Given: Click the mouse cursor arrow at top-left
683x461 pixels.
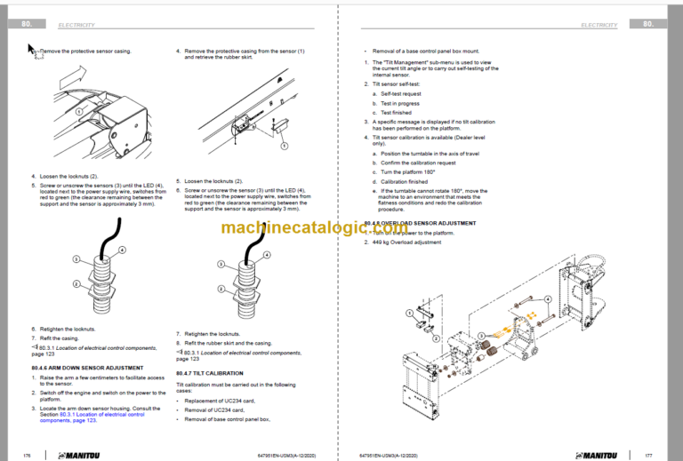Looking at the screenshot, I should click(x=32, y=51).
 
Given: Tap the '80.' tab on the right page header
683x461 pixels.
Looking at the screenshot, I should click(x=649, y=25).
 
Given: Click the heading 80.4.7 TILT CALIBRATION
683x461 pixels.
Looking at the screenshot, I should click(x=209, y=373).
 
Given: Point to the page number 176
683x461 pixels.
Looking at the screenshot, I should click(x=28, y=454).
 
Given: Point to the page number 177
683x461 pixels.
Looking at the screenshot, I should click(x=649, y=454).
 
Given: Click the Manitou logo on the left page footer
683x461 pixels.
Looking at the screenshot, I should click(x=84, y=454).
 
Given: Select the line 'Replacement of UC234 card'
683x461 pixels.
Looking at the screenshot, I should click(x=218, y=400).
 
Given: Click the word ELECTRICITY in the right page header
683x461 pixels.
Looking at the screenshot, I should click(x=598, y=25).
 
